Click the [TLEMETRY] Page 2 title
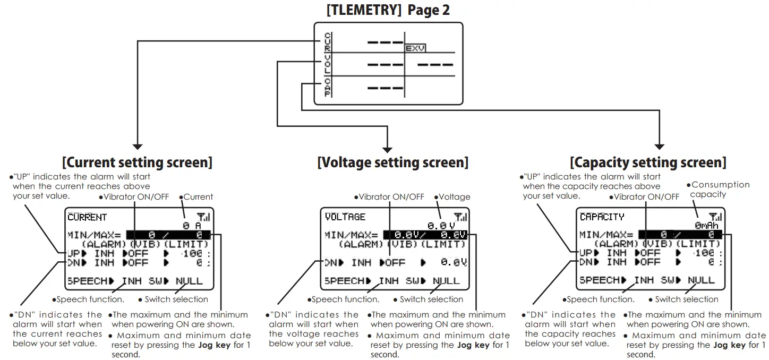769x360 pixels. click(388, 10)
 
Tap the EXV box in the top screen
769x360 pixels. click(415, 48)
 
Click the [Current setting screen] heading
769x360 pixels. click(137, 162)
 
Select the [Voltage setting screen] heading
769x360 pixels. click(392, 162)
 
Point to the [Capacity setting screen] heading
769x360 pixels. click(648, 162)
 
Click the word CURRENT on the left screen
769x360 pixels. click(87, 217)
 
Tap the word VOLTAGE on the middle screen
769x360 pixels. click(345, 217)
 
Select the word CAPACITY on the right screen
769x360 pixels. click(602, 217)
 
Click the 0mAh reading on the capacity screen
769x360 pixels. click(706, 226)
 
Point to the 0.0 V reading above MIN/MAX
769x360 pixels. click(441, 226)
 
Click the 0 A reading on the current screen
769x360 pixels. click(192, 226)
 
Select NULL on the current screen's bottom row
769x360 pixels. click(189, 281)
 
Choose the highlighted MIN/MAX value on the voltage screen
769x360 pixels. click(425, 235)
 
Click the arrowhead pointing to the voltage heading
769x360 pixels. click(387, 149)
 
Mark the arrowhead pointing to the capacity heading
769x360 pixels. click(660, 146)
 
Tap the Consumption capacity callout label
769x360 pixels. click(720, 190)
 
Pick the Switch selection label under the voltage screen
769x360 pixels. click(431, 299)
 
